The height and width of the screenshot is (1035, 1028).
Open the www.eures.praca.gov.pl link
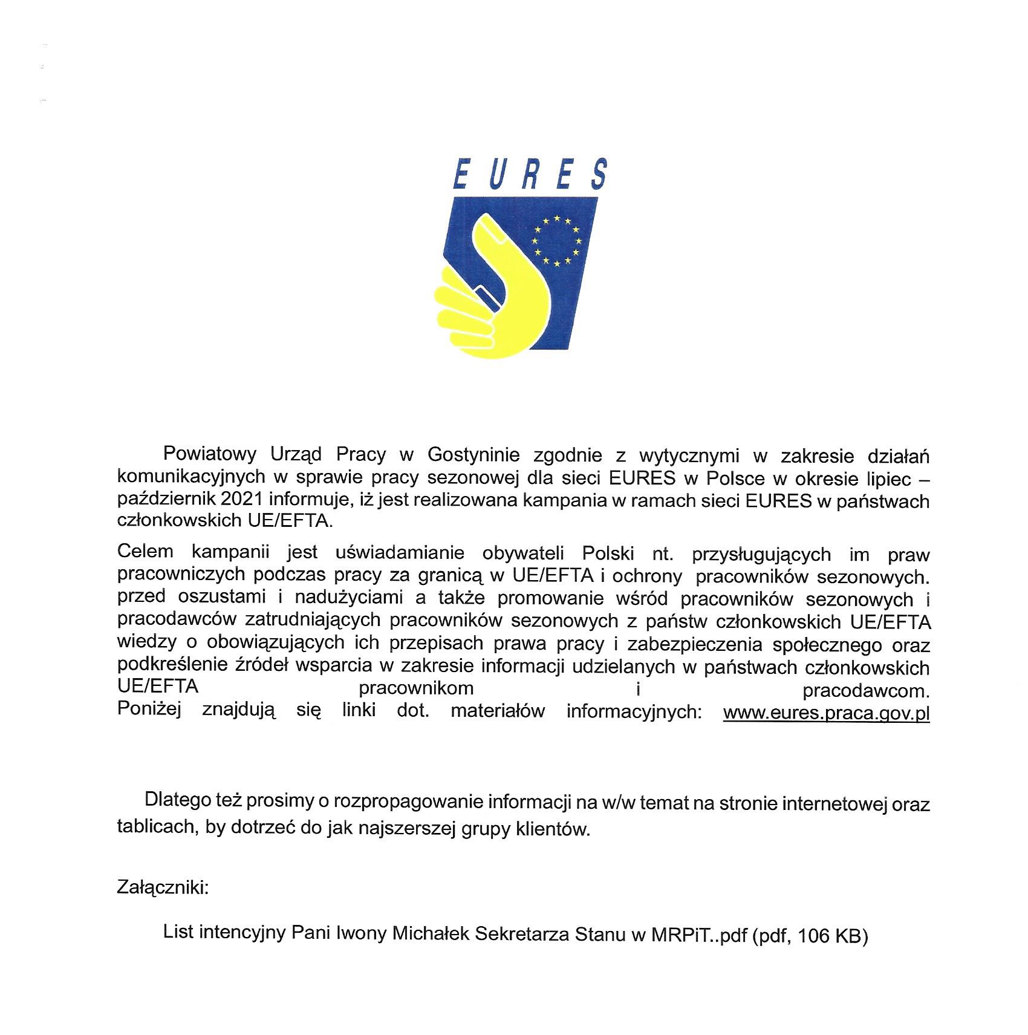pyautogui.click(x=826, y=713)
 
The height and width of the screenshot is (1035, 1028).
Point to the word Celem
pyautogui.click(x=145, y=552)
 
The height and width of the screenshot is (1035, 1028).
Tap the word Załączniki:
pyautogui.click(x=163, y=887)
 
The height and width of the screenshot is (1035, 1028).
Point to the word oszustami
pyautogui.click(x=222, y=596)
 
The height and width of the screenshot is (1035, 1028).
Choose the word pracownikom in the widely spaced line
pyautogui.click(x=416, y=688)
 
